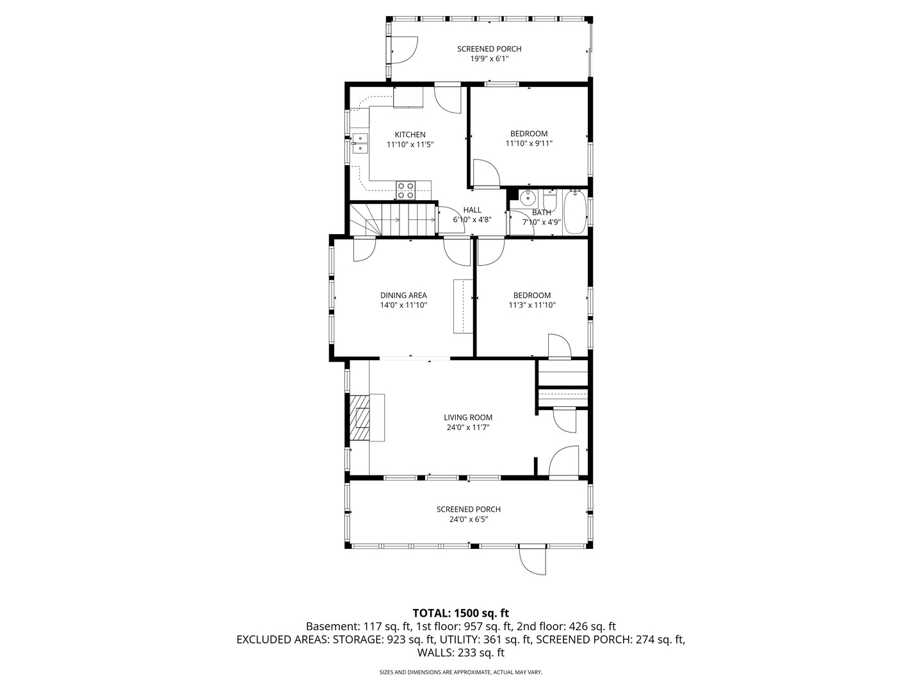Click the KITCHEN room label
pos(410,134)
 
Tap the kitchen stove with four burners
pos(405,189)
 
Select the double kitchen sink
pos(360,143)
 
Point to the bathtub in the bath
pos(575,213)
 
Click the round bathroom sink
pos(529,197)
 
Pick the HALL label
pos(472,210)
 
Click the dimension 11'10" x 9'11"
pos(529,144)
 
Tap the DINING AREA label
pos(403,296)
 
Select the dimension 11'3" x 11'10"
pos(531,305)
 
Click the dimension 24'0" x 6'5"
pos(469,520)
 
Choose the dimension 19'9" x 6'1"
pos(489,59)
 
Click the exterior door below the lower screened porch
pos(533,559)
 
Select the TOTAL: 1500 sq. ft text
pos(461,613)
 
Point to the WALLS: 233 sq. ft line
pos(461,653)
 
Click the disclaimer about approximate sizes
pos(461,672)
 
